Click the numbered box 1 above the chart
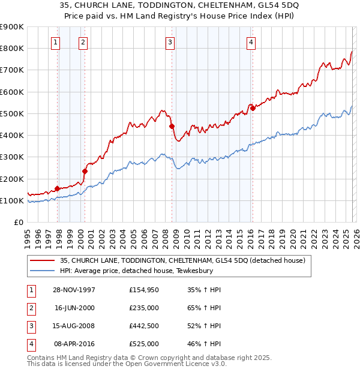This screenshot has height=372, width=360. [x=55, y=42]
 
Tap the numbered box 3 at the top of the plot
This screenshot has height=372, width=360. [x=170, y=42]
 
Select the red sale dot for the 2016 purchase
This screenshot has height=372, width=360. [x=253, y=108]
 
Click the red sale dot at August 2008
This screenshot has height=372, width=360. [x=172, y=126]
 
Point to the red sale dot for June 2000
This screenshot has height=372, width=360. [x=85, y=171]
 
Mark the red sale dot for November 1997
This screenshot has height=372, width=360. [x=58, y=188]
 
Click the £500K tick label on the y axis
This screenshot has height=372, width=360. [x=12, y=113]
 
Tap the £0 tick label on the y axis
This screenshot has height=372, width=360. [x=18, y=223]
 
